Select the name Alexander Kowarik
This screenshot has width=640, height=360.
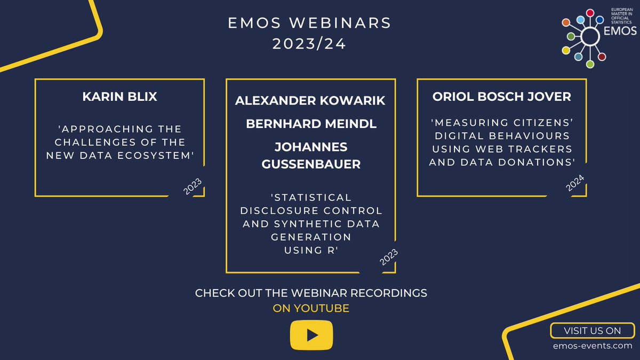(x=310, y=101)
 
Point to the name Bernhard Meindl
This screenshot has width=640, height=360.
(x=311, y=124)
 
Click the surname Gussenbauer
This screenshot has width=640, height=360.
(x=311, y=164)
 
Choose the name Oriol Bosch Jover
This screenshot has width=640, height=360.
(x=501, y=97)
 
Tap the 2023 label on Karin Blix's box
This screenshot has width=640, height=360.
(x=193, y=187)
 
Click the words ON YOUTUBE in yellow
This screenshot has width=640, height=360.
(x=311, y=308)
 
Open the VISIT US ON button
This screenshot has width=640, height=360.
(x=592, y=331)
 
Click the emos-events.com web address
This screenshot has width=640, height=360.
(x=592, y=347)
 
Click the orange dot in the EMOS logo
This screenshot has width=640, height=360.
(x=566, y=23)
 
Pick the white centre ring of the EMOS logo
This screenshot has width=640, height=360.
(x=589, y=36)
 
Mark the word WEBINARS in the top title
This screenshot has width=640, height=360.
(x=347, y=23)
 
